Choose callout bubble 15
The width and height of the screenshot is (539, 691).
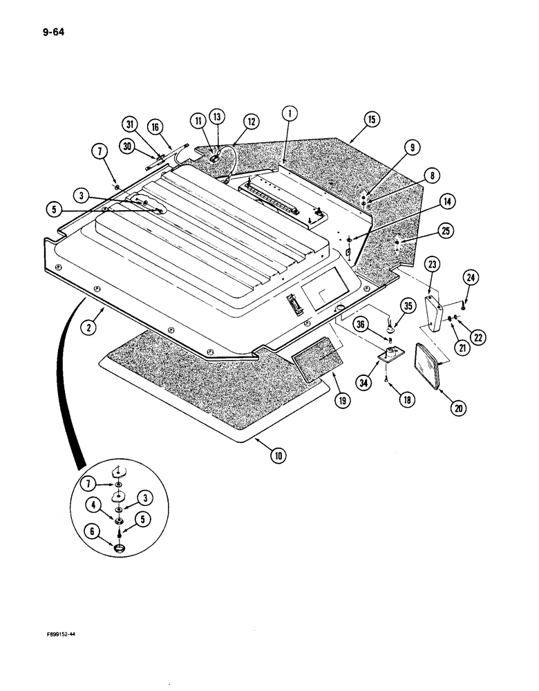[x=372, y=120]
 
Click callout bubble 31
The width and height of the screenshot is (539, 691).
[x=129, y=124]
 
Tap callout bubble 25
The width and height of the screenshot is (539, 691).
[x=446, y=231]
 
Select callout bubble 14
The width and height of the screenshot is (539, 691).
[x=448, y=202]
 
